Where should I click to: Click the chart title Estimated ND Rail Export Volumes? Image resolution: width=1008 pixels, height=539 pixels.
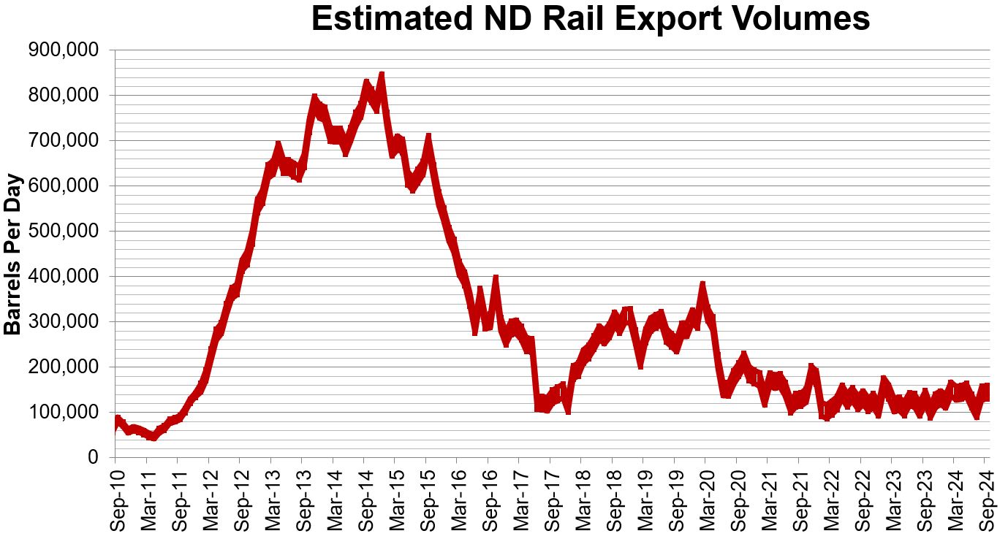click(x=590, y=19)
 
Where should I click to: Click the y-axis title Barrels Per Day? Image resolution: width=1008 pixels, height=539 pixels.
click(x=12, y=255)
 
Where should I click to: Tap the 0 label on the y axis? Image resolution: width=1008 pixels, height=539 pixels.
click(x=94, y=458)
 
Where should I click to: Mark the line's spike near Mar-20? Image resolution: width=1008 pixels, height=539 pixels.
click(x=702, y=285)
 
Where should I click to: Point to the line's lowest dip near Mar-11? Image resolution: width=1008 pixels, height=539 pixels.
click(x=153, y=437)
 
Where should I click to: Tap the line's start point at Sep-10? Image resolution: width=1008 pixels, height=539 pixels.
click(x=115, y=424)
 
